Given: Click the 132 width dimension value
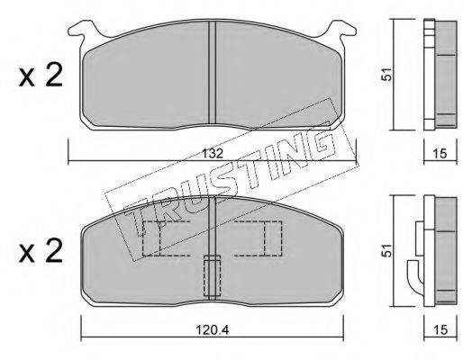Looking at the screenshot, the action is [212, 154].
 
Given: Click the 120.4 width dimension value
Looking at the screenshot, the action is [213, 330].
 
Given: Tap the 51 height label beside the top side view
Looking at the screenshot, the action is [386, 74].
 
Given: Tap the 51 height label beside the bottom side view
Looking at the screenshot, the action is [386, 250].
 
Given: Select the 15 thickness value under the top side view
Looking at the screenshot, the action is [440, 154].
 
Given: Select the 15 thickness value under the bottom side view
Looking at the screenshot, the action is [440, 330].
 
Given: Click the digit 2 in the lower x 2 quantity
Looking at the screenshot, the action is [53, 250].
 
